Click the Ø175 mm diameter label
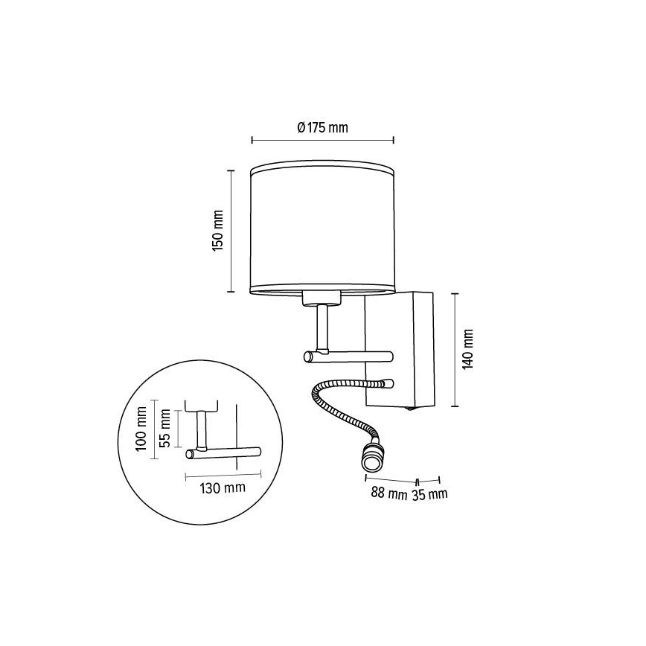tap(322, 127)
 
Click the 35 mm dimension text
tap(430, 493)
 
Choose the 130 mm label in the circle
tap(223, 488)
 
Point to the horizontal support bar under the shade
tap(348, 357)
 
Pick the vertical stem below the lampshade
tap(322, 327)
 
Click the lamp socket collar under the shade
tap(322, 299)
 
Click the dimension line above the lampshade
tap(323, 139)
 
